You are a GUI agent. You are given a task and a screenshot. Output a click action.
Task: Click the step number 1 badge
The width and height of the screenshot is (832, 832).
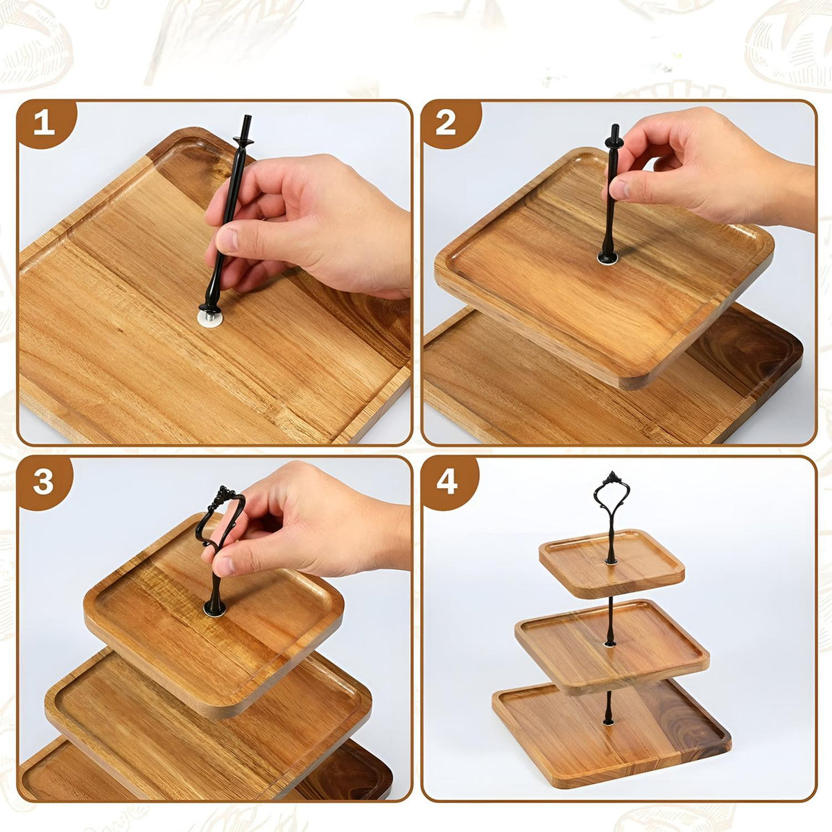point(44,124)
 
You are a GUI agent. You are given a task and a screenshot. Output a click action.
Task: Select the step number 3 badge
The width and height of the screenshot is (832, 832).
point(43,483)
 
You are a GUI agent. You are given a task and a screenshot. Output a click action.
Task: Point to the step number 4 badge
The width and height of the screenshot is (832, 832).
point(447,483)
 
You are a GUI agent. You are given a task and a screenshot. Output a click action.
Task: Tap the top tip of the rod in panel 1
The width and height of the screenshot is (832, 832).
point(247,116)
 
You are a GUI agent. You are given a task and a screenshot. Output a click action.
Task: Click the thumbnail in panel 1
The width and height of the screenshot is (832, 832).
point(228,240)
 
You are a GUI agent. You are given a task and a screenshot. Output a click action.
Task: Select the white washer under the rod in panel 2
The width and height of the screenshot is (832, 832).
point(607,258)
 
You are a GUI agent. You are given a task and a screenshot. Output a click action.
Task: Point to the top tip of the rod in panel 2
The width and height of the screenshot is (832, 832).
point(615,125)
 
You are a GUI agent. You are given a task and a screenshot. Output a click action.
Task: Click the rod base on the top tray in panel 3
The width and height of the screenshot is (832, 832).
point(214,608)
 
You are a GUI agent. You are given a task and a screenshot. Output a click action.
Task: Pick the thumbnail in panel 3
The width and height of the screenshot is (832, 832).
point(225,565)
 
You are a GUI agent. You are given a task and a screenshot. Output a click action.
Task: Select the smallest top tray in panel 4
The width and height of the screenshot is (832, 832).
point(612,564)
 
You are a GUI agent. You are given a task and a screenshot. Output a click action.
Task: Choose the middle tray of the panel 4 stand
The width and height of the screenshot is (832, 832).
point(612,646)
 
